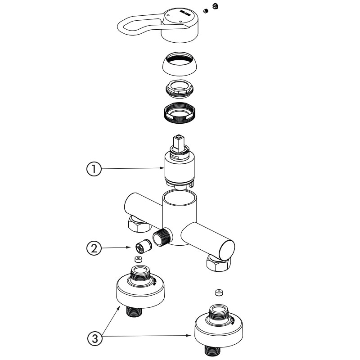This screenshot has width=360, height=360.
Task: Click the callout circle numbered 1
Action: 93,169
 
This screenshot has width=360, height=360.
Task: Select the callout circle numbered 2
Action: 94,247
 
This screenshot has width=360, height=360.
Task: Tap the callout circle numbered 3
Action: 94,338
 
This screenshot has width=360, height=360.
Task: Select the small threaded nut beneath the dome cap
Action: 180,87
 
